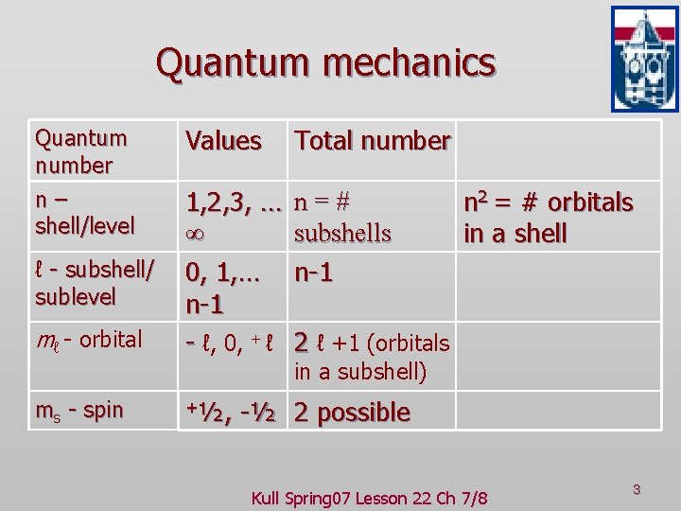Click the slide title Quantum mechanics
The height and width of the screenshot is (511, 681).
coord(325,63)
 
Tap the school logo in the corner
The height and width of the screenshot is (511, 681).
coord(644,59)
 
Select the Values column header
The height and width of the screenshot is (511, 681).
coord(223,141)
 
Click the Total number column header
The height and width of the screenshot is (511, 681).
coord(372,141)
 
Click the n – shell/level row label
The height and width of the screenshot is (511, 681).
coord(85,213)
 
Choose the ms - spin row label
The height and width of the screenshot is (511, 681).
coord(79,411)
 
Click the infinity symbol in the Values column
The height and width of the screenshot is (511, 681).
coord(196,233)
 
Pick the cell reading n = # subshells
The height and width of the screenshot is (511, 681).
coord(342,218)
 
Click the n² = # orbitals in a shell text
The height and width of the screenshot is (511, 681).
coord(548,218)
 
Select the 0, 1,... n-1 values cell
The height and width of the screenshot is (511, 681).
coord(223,290)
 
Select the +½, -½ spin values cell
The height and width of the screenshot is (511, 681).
coord(231,413)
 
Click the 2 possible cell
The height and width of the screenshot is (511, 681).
coord(352,413)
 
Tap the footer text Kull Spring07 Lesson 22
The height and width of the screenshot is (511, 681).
coord(369,498)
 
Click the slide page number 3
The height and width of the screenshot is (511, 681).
coord(637,489)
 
